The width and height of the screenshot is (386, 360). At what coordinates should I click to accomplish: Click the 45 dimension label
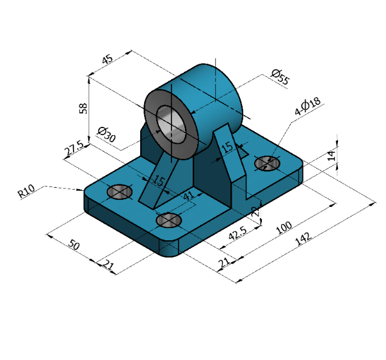pos(108,60)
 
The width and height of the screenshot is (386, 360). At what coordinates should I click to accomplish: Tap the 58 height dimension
pos(83,108)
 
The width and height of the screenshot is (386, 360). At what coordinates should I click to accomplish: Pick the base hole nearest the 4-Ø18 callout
pos(267,164)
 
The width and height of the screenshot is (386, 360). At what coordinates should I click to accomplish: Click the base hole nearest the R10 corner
pos(119,192)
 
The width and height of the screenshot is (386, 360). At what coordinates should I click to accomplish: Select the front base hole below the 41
pos(168,220)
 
